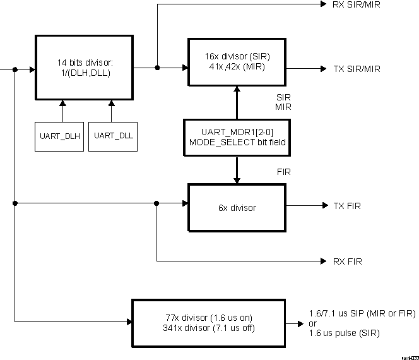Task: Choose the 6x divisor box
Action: click(x=237, y=206)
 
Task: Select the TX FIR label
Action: click(x=347, y=206)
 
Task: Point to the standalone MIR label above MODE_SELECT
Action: click(x=283, y=107)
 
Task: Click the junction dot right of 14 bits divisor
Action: click(x=156, y=67)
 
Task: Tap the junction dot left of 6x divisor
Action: click(x=156, y=203)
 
